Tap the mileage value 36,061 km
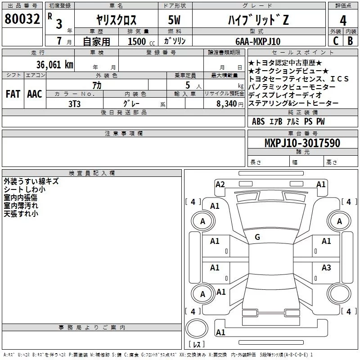54,64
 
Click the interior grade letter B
350,40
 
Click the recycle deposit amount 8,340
226,103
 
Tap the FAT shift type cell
13,94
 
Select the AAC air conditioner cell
35,94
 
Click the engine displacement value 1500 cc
137,41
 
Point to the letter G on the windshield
257,237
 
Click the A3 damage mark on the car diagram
326,267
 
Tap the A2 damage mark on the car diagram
220,184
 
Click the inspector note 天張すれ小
21,214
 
